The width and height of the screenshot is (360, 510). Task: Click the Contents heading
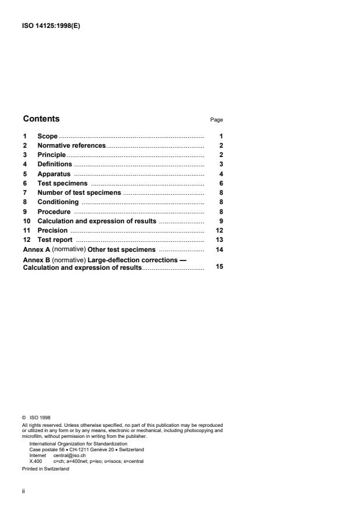click(41, 119)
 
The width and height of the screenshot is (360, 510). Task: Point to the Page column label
click(216, 120)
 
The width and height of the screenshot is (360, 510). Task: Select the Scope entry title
click(48, 136)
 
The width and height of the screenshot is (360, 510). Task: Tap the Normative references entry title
click(72, 145)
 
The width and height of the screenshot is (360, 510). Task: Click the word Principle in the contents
click(51, 155)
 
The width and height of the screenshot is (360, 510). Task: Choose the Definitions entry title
click(55, 164)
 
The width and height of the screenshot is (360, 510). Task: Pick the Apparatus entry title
click(54, 174)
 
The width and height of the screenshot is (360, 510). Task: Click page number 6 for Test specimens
click(222, 183)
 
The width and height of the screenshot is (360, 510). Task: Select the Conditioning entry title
click(58, 202)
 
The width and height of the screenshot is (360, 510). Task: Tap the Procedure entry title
click(54, 212)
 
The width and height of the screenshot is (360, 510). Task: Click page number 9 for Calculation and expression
click(222, 221)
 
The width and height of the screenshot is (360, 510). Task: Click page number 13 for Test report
click(220, 240)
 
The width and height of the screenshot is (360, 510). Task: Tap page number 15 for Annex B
click(220, 268)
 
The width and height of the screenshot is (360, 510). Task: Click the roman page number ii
click(24, 491)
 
